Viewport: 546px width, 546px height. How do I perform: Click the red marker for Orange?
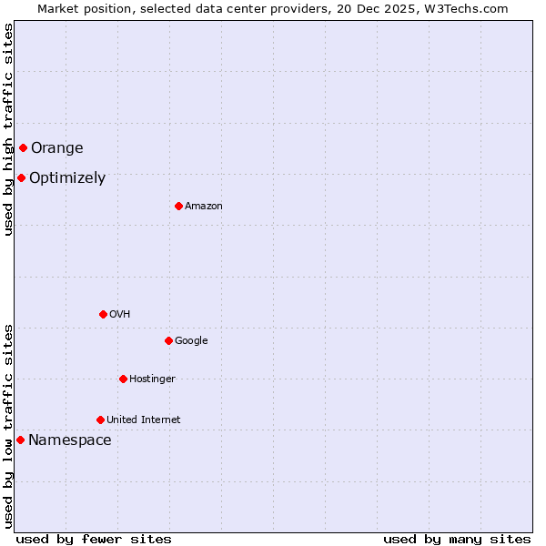[23, 147]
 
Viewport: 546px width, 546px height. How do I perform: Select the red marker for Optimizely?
[21, 177]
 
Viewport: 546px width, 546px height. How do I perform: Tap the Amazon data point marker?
[178, 206]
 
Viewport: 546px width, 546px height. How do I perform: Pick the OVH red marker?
[103, 314]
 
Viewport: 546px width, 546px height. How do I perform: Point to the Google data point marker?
[168, 340]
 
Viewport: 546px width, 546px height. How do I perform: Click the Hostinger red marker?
[123, 379]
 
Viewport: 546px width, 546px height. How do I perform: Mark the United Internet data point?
[100, 420]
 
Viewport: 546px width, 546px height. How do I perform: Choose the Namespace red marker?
[20, 440]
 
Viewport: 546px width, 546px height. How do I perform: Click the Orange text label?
[56, 148]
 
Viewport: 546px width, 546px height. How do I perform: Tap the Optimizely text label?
[67, 178]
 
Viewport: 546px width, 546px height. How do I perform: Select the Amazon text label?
[204, 207]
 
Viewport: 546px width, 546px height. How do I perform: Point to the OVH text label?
[119, 315]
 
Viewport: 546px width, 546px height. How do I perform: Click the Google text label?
[191, 341]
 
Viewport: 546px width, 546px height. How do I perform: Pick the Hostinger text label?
[152, 379]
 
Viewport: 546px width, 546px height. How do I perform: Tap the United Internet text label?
[143, 420]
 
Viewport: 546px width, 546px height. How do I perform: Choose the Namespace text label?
[70, 440]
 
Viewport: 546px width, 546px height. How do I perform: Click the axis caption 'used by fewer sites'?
[94, 540]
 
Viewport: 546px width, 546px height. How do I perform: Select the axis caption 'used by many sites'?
[457, 540]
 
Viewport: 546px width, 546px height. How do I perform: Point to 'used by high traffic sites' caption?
[8, 129]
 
